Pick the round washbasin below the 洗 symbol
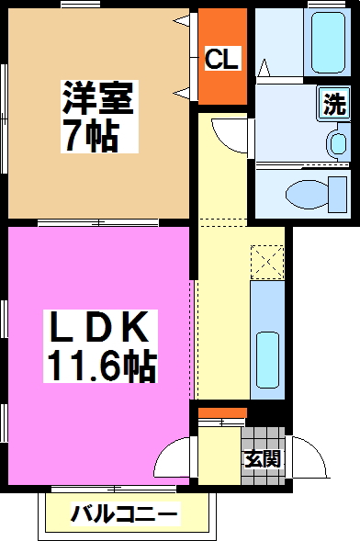337,142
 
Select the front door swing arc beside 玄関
310,452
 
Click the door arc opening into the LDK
174,456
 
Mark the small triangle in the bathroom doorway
264,67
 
